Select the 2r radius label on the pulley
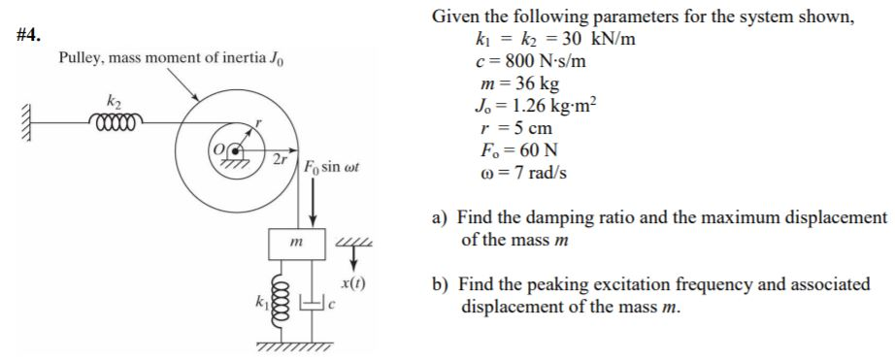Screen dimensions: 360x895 pos(279,158)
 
